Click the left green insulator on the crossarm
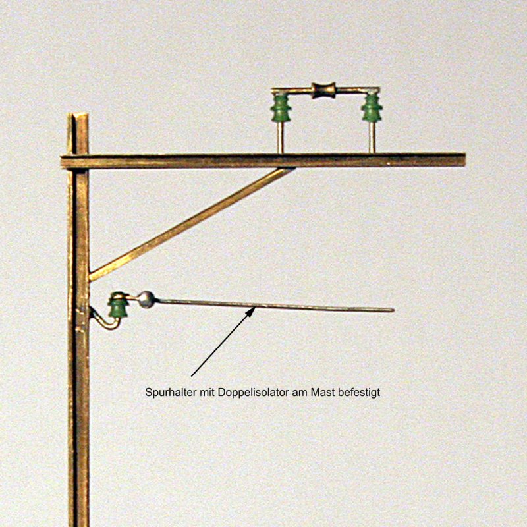[x=281, y=108]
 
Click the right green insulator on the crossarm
[x=372, y=108]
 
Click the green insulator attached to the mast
[x=119, y=306]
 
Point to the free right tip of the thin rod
[x=392, y=310]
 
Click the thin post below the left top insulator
[x=281, y=140]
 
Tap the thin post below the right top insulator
[x=372, y=140]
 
